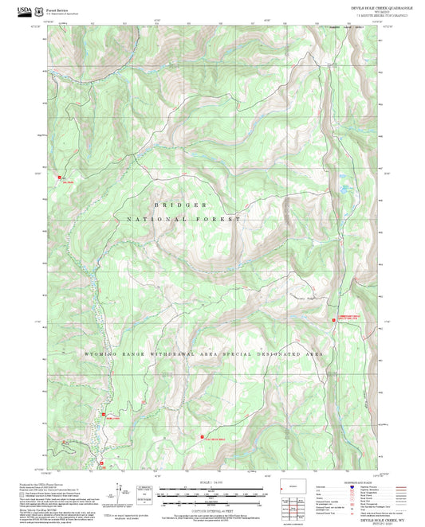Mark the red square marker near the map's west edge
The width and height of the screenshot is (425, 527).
point(57,178)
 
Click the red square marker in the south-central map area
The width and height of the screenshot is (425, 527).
point(200,436)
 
